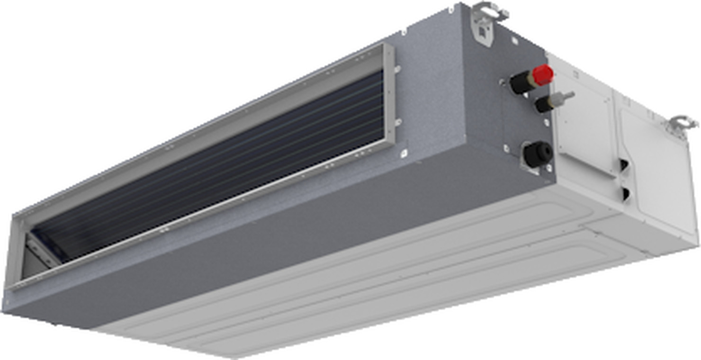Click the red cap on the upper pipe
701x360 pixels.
[542, 75]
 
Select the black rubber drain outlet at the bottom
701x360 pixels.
[538, 154]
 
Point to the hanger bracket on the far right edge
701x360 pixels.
[682, 125]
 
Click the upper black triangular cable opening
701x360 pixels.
[625, 165]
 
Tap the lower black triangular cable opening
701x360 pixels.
[625, 192]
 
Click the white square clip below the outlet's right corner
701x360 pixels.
[403, 153]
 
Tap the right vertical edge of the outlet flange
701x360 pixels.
[390, 95]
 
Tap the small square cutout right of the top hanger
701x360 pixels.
[514, 41]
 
